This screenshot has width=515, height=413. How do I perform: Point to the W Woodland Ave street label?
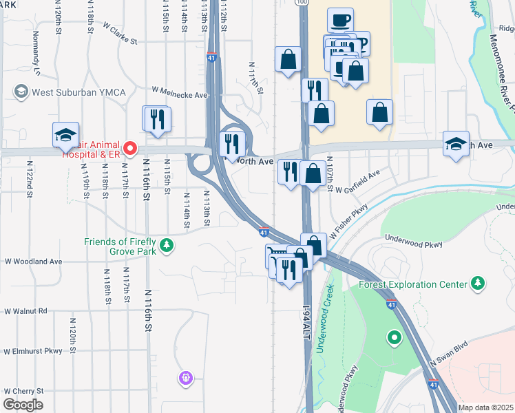[x=33, y=262]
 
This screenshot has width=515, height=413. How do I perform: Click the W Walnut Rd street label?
[x=26, y=311]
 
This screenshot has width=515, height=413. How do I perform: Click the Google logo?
[x=22, y=405]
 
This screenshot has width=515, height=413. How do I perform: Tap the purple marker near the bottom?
[x=186, y=377]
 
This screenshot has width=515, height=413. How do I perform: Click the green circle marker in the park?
[x=394, y=337]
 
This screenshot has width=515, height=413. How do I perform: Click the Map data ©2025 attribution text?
[x=485, y=407]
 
